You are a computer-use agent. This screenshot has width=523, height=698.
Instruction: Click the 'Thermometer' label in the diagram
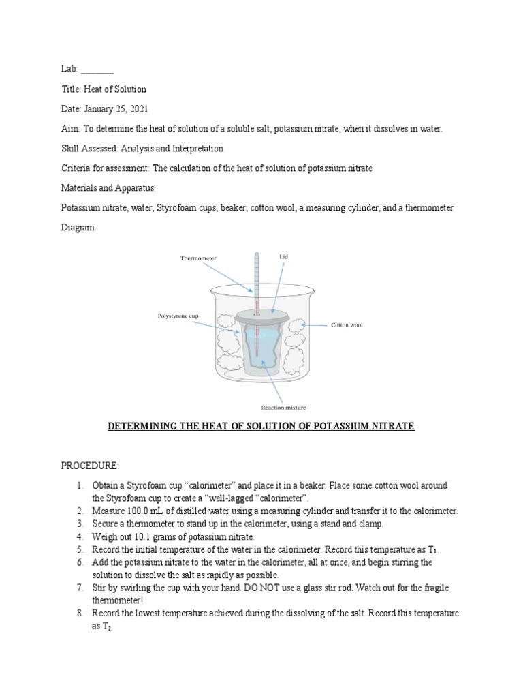(x=198, y=258)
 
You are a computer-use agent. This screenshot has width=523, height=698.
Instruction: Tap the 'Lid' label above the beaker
(x=284, y=256)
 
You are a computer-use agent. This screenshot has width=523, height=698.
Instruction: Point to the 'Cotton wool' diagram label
(x=347, y=325)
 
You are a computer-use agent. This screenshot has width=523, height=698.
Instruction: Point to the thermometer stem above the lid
(x=257, y=279)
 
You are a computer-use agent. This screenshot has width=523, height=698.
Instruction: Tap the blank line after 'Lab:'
(x=98, y=70)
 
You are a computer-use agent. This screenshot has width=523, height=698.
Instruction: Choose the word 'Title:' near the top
(x=71, y=89)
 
